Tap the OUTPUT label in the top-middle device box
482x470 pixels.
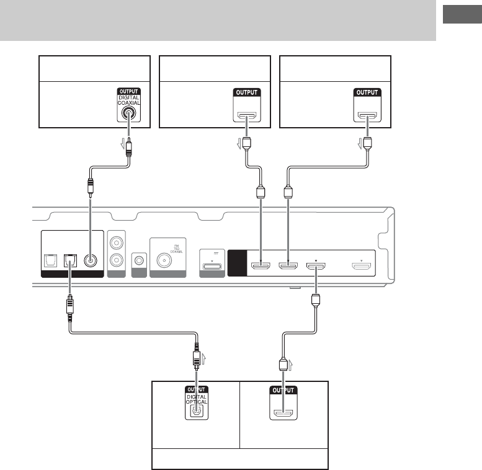247,92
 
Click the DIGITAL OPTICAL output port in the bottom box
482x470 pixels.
196,410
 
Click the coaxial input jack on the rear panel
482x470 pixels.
91,260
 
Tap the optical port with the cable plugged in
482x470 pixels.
70,260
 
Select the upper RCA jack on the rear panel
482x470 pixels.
116,244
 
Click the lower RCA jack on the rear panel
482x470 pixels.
116,262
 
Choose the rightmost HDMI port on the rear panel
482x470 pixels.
362,267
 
